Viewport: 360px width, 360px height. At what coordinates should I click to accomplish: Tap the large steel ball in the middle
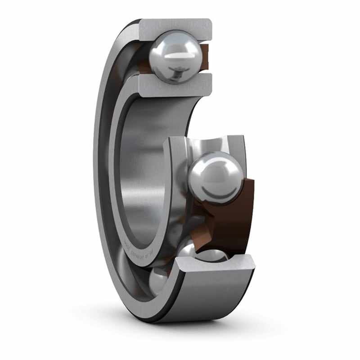click(215, 178)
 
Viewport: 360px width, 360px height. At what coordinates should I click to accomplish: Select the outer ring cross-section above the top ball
click(175, 27)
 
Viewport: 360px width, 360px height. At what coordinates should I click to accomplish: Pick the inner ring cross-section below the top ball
click(175, 85)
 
